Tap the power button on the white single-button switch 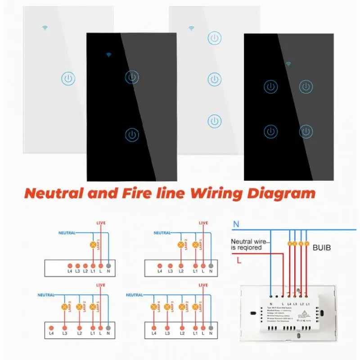[x=67, y=80]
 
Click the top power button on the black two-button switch [x=132, y=77]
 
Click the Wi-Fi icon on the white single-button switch [x=45, y=27]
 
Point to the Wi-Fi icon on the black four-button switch [x=288, y=64]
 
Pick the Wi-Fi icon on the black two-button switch [x=109, y=55]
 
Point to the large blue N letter [x=236, y=224]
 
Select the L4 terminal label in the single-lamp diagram [x=69, y=271]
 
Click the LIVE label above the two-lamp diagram [x=203, y=223]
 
